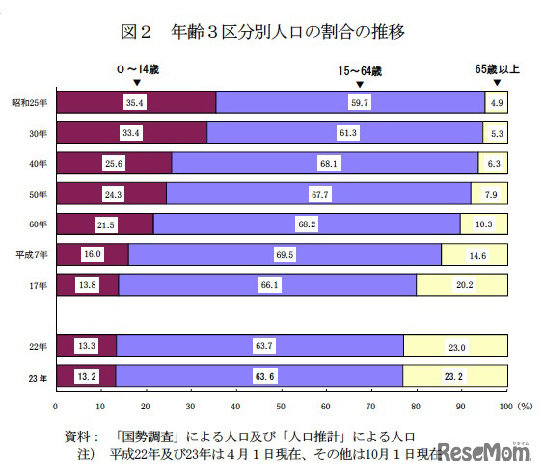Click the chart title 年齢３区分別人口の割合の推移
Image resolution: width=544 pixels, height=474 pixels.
tap(273, 31)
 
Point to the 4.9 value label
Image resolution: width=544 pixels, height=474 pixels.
tap(497, 102)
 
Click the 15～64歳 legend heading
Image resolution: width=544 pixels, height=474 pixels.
tap(359, 70)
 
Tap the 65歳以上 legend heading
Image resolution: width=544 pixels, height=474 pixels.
tap(497, 69)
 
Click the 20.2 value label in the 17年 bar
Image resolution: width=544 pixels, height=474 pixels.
tap(460, 285)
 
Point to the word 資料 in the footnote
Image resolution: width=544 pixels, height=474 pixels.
tap(78, 434)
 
